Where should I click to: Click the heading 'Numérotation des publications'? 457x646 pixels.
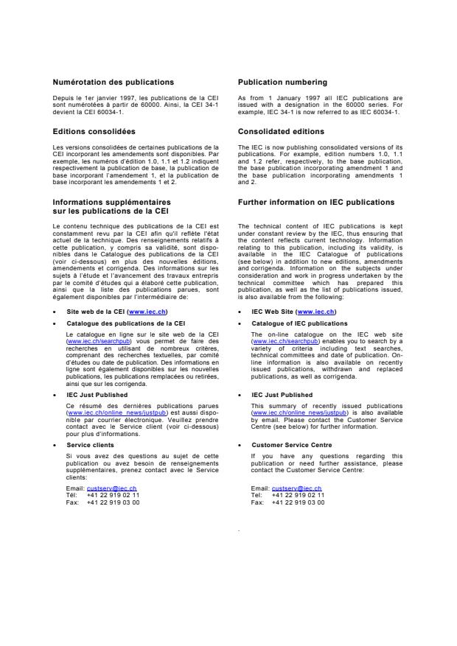pyautogui.click(x=113, y=82)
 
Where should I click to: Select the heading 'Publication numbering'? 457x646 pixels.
pyautogui.click(x=282, y=82)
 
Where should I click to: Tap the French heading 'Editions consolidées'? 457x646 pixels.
pyautogui.click(x=94, y=131)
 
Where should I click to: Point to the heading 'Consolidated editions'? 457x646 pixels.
pyautogui.click(x=281, y=131)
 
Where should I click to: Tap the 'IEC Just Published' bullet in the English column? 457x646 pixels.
pyautogui.click(x=282, y=395)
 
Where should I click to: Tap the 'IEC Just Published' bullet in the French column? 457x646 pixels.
pyautogui.click(x=97, y=395)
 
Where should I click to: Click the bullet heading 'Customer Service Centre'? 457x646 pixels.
pyautogui.click(x=291, y=445)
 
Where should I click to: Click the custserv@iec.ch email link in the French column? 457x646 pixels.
pyautogui.click(x=111, y=488)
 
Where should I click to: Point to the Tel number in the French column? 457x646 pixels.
pyautogui.click(x=113, y=495)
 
